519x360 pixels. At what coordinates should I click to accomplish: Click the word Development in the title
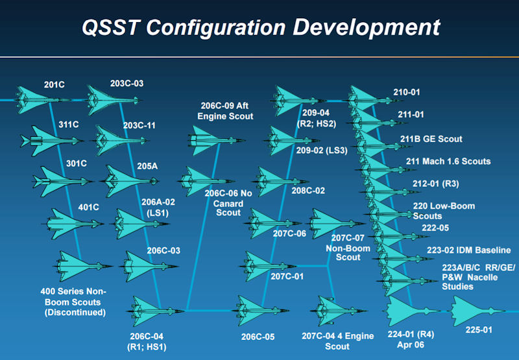point(367,28)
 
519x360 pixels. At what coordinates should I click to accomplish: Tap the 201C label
point(54,85)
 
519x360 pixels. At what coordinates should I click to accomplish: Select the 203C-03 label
point(127,84)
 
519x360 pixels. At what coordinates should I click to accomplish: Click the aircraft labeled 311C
point(51,141)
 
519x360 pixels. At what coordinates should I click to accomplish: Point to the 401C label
point(88,208)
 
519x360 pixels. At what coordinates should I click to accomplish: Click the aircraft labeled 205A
point(130,181)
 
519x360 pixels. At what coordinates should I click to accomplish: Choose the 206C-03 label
point(163,250)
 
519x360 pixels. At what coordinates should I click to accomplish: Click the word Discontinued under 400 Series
point(75,313)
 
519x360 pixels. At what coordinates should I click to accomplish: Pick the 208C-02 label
point(308,191)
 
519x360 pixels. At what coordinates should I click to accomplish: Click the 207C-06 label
point(289,234)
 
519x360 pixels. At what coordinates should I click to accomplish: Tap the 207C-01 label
point(287,276)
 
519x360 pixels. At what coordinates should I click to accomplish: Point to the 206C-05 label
point(258,337)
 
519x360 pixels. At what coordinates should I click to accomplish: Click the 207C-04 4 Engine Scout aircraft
point(338,311)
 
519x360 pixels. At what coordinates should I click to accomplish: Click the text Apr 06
point(411,345)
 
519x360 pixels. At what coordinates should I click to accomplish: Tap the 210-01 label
point(407,92)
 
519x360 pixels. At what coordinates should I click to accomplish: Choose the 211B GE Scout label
point(431,139)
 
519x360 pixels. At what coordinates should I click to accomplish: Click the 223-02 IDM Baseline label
point(468,250)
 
